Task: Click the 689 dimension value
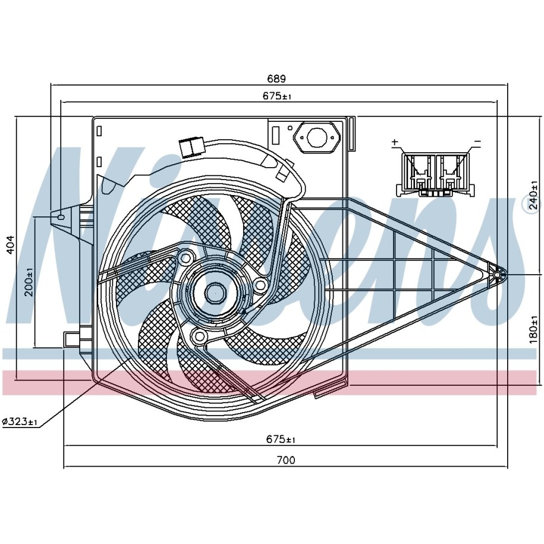point(276,78)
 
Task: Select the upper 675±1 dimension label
point(277,96)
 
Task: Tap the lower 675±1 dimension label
point(281,439)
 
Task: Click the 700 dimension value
point(286,460)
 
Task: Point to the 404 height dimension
point(11,245)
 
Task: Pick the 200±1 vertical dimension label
point(29,282)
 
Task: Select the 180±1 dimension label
point(534,329)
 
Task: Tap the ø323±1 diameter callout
point(20,422)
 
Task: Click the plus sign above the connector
point(395,141)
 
